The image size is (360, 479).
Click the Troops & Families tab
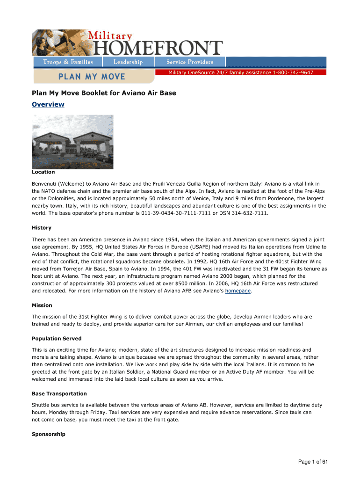pyautogui.click(x=68, y=62)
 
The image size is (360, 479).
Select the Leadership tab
pyautogui.click(x=128, y=62)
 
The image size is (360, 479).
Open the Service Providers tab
pyautogui.click(x=190, y=62)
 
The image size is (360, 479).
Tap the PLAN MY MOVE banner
pyautogui.click(x=91, y=76)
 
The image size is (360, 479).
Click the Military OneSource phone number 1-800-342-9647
pyautogui.click(x=293, y=73)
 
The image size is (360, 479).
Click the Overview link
pyautogui.click(x=48, y=104)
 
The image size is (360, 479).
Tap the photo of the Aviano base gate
pyautogui.click(x=72, y=142)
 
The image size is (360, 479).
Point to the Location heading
pyautogui.click(x=43, y=172)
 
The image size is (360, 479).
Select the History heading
pyautogui.click(x=42, y=228)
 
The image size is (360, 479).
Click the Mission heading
pyautogui.click(x=42, y=305)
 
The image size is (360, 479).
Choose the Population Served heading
pyautogui.click(x=57, y=338)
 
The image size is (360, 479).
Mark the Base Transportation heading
pyautogui.click(x=59, y=394)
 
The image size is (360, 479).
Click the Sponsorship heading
pyautogui.click(x=48, y=434)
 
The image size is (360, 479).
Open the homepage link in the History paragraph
pyautogui.click(x=238, y=290)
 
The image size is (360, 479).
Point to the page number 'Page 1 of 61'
pyautogui.click(x=313, y=462)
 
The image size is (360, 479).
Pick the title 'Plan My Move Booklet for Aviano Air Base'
pyautogui.click(x=104, y=93)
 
